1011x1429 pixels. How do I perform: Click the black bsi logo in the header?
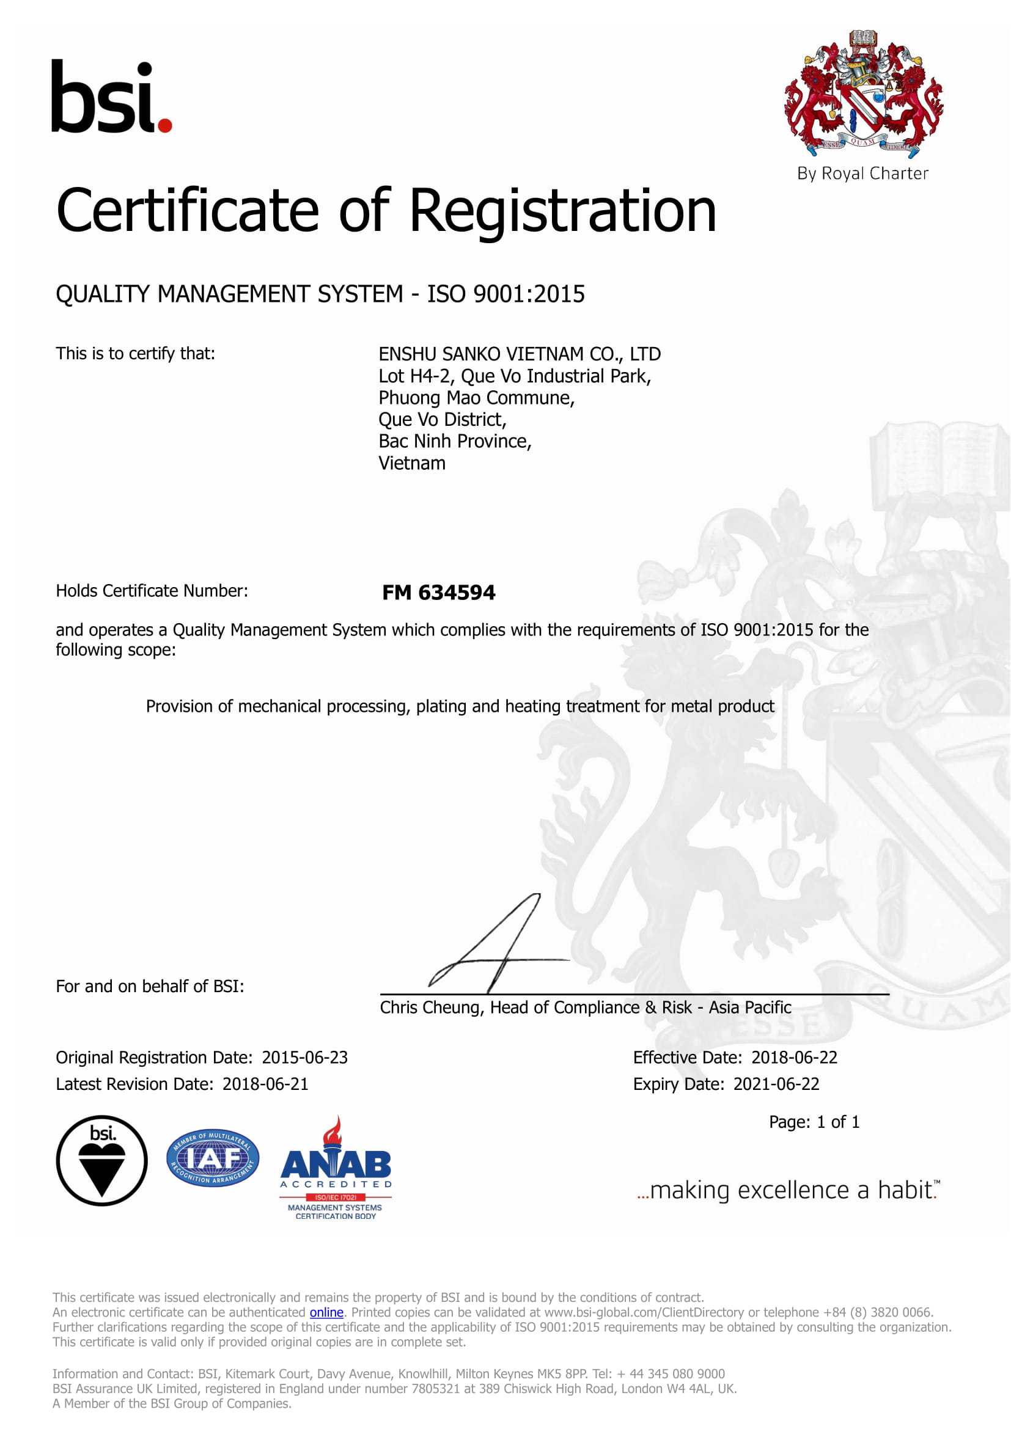tap(110, 97)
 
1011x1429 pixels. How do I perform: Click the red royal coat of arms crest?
tap(863, 93)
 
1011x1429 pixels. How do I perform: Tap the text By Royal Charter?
tap(862, 174)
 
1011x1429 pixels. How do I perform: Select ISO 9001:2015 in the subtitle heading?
tap(505, 294)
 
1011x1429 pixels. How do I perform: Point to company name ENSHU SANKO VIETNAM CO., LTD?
tap(519, 354)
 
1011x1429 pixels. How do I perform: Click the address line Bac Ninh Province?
tap(454, 441)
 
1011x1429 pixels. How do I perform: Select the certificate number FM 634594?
tap(438, 593)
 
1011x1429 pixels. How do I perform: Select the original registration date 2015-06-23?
tap(304, 1058)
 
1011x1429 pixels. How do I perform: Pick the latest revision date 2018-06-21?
tap(265, 1084)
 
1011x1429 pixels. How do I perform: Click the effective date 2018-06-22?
tap(794, 1058)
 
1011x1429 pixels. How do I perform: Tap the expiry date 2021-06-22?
tap(776, 1084)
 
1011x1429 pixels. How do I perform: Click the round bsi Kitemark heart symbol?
tap(102, 1161)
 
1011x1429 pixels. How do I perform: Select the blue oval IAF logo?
tap(213, 1158)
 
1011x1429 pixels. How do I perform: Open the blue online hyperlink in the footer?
tap(326, 1312)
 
